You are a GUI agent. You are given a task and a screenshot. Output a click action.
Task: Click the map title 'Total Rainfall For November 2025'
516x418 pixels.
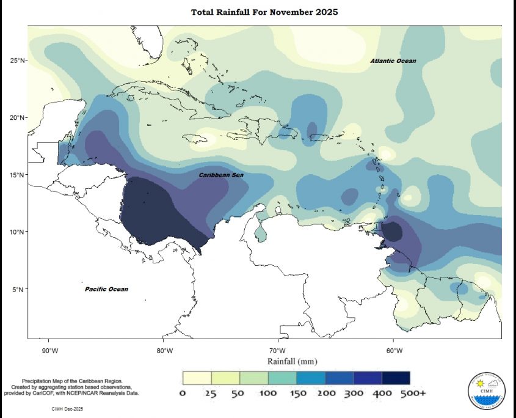coord(264,12)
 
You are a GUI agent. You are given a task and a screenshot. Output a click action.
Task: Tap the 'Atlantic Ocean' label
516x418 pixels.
coord(393,61)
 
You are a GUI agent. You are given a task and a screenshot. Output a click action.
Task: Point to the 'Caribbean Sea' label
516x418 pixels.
coord(222,175)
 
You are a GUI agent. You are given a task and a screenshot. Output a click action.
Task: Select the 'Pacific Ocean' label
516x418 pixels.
coord(106,289)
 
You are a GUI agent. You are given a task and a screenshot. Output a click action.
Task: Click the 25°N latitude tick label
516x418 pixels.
coord(17,61)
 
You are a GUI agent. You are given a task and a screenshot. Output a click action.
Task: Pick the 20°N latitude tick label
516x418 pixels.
coord(17,118)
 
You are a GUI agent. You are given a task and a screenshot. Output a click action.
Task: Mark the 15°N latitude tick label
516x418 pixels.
coord(17,175)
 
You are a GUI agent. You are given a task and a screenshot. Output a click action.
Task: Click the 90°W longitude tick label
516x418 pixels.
coord(49,351)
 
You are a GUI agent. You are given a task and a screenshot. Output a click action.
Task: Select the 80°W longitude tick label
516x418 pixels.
coord(164,351)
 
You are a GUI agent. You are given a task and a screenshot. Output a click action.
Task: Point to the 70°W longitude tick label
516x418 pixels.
coord(278,351)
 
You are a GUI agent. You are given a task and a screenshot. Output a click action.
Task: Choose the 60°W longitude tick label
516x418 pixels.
coord(394,351)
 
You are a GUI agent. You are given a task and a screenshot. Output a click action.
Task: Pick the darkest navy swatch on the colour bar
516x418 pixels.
coord(396,378)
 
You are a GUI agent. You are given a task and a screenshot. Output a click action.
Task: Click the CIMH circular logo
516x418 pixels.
coord(486,388)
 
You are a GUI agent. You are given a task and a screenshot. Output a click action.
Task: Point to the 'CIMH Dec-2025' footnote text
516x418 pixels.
coord(65,407)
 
